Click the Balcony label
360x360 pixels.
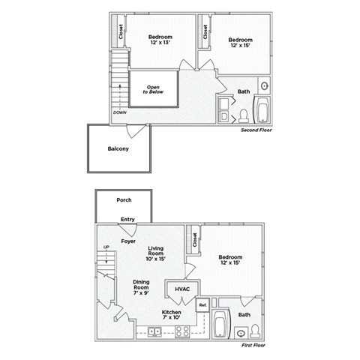pyautogui.click(x=118, y=148)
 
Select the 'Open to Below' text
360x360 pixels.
pyautogui.click(x=153, y=90)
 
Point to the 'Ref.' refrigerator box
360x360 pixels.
pyautogui.click(x=202, y=305)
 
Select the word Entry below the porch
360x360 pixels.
pyautogui.click(x=128, y=220)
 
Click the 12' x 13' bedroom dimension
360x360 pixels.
pyautogui.click(x=160, y=43)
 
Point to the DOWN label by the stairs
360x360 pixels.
pyautogui.click(x=119, y=112)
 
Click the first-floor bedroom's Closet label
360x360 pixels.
pyautogui.click(x=195, y=240)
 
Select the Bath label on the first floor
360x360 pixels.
pyautogui.click(x=244, y=315)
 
